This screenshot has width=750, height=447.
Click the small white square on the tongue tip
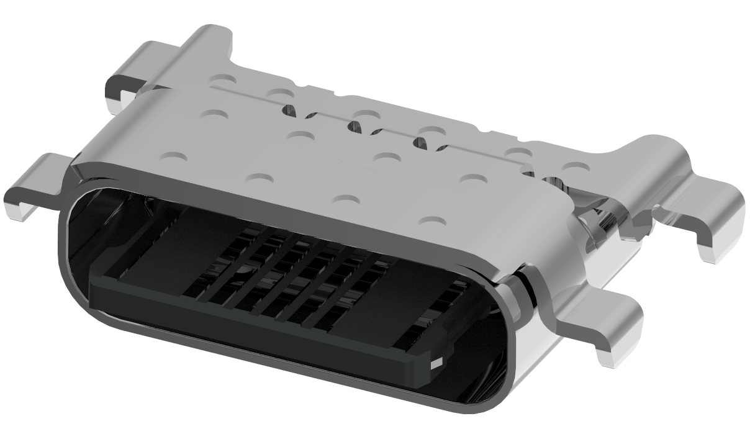(437, 363)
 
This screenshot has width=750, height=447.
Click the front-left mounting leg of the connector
(34, 186)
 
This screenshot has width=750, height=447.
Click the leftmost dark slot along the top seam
(289, 110)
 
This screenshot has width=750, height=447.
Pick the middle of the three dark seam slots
(355, 127)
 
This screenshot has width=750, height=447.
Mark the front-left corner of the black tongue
(93, 279)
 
